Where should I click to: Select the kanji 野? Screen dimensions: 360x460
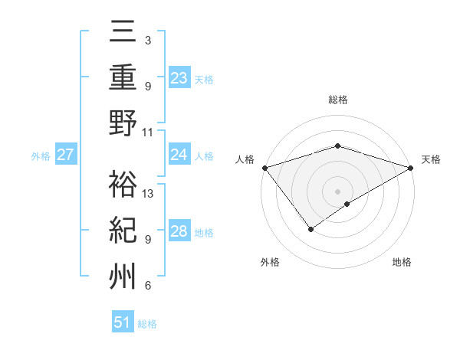123,123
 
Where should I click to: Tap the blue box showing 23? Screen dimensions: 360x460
179,78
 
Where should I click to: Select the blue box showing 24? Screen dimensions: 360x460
179,155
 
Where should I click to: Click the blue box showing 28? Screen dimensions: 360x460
179,232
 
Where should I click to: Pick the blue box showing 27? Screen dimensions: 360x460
65,155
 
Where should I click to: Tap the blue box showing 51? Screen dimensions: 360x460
123,322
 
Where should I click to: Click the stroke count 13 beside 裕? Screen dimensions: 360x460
149,193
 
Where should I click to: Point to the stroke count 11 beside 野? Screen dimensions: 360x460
149,131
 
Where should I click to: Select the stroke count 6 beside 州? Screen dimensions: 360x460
147,286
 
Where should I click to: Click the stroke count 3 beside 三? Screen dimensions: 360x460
147,38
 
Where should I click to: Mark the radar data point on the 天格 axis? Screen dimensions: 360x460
412,168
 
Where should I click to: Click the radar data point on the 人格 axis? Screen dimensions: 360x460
264,168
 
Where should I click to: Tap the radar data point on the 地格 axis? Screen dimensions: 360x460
347,204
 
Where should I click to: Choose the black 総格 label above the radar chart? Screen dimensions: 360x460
337,100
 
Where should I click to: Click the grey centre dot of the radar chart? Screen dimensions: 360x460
337,190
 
